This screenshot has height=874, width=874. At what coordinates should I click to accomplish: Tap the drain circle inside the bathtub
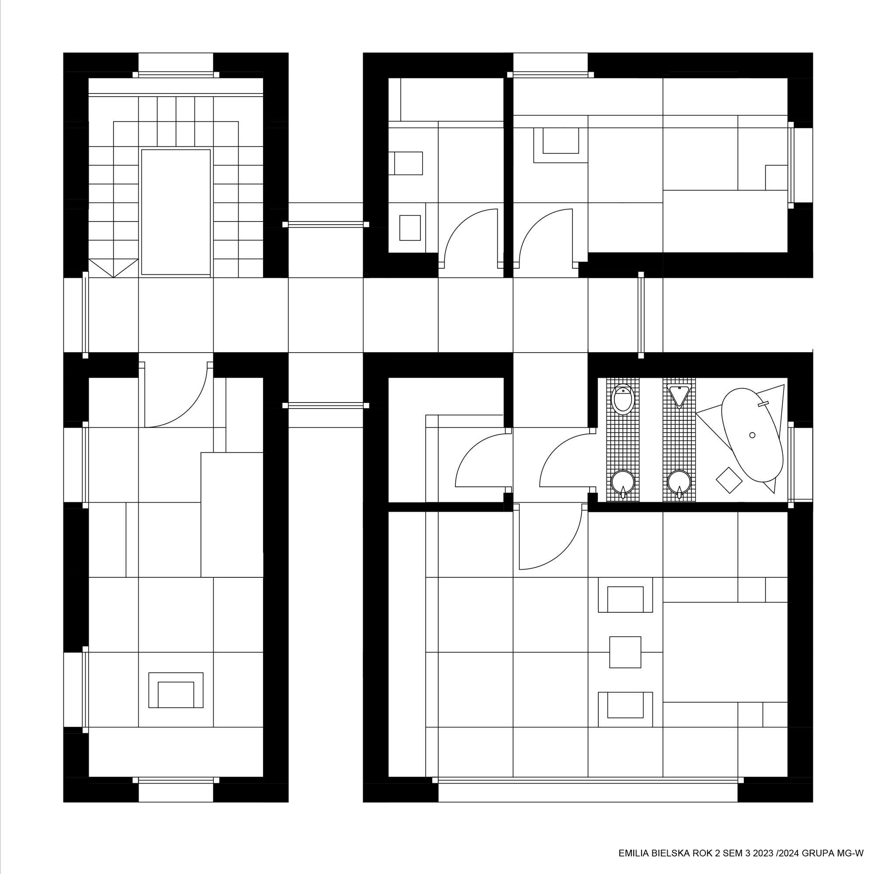coord(753,435)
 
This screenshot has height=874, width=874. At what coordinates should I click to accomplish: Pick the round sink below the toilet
coord(623,482)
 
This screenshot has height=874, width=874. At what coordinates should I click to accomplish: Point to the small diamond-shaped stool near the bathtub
coord(729,480)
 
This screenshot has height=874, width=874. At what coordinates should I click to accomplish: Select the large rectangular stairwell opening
coord(176,212)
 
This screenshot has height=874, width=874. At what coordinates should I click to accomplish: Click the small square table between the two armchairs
coord(625,652)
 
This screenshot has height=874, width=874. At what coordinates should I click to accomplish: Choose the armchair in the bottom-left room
coord(176,690)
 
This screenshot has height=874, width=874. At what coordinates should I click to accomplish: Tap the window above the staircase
coord(176,75)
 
